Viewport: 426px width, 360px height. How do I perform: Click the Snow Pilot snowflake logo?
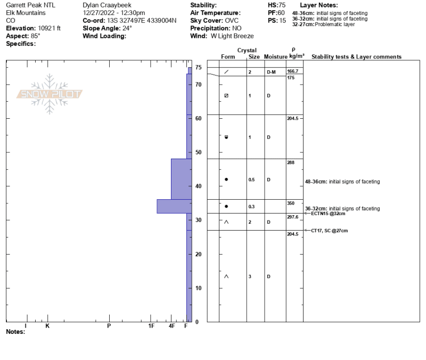[50, 94]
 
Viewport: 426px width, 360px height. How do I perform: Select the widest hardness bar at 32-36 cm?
[174, 206]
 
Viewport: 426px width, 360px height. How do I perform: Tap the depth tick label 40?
[198, 186]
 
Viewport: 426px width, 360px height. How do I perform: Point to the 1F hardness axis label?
[151, 326]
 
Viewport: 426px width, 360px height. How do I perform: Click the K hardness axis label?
[47, 326]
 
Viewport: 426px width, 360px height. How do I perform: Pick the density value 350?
[291, 203]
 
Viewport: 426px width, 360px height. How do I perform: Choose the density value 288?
[291, 162]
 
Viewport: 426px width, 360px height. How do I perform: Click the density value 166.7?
[292, 71]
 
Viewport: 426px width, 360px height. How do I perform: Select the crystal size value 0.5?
[251, 179]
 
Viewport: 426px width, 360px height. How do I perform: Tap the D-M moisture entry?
[271, 72]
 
